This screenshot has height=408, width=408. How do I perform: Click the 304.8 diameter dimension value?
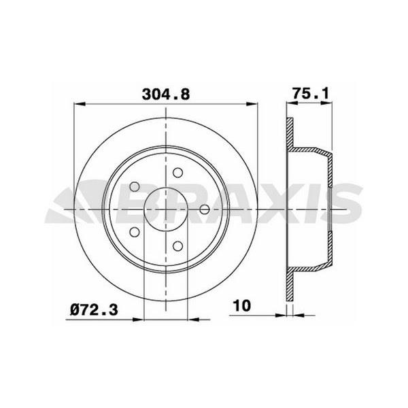pyautogui.click(x=165, y=95)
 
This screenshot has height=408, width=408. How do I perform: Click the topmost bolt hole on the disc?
pyautogui.click(x=177, y=173)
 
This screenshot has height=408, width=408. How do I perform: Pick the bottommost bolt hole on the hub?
pyautogui.click(x=178, y=245)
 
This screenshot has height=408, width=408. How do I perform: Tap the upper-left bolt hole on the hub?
pyautogui.click(x=135, y=186)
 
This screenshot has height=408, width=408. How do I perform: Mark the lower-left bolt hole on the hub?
pyautogui.click(x=135, y=231)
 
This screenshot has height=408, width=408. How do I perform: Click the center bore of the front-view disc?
pyautogui.click(x=166, y=209)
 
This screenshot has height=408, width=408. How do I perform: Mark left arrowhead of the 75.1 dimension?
pyautogui.click(x=288, y=104)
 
